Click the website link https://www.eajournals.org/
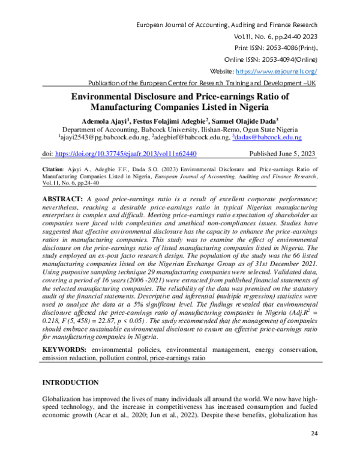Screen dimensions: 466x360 pyautogui.click(x=278, y=71)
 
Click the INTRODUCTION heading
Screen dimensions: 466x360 pyautogui.click(x=70, y=383)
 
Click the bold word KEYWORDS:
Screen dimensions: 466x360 pyautogui.click(x=64, y=349)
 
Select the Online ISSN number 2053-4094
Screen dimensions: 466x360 pyautogui.click(x=273, y=59)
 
